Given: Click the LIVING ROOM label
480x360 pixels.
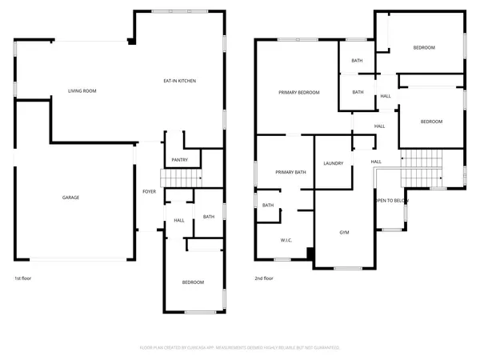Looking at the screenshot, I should [x=82, y=91].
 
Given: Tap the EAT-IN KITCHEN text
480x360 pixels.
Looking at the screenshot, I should [x=180, y=81].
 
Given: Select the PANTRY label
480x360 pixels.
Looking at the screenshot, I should [x=179, y=159].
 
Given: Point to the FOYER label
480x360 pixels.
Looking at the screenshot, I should [x=150, y=192].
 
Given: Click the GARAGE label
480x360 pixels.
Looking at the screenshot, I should [x=71, y=197].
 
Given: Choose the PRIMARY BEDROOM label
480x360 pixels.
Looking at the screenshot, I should [x=299, y=93].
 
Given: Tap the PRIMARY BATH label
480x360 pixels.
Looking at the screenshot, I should [x=290, y=172].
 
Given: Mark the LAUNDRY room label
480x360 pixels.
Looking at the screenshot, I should [x=334, y=163].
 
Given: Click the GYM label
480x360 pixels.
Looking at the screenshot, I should [x=345, y=232].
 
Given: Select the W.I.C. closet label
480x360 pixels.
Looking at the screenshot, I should [x=286, y=240].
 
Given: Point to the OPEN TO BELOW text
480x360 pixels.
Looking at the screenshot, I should [x=391, y=201].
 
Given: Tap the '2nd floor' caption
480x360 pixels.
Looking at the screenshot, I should [x=264, y=278].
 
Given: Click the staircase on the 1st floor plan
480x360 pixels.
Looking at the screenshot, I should [x=181, y=178].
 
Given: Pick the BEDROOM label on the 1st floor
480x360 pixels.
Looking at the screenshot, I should [x=192, y=282].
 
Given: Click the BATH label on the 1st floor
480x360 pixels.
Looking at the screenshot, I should [x=208, y=217].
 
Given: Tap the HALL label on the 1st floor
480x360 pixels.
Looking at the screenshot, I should [x=179, y=220].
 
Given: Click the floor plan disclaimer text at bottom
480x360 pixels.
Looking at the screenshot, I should [x=240, y=347].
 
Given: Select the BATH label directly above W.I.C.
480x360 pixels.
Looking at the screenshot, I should [x=268, y=206].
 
